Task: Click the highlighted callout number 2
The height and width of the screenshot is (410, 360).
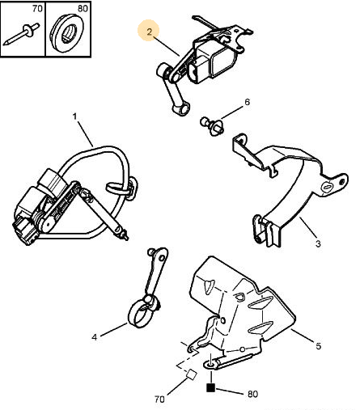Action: tap(150, 32)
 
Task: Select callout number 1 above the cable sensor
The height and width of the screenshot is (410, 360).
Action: tap(74, 116)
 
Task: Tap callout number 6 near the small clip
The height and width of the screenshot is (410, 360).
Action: tap(247, 102)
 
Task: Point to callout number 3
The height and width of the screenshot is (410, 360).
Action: tap(318, 243)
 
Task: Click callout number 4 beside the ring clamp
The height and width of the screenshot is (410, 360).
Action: tap(94, 337)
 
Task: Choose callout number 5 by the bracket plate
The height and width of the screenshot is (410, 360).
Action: tap(319, 346)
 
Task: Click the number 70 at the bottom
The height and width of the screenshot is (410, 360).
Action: tap(159, 399)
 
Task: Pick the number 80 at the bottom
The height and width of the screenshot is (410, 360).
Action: tap(252, 394)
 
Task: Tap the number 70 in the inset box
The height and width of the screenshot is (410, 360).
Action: tap(37, 9)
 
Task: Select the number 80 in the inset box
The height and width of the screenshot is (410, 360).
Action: tap(83, 9)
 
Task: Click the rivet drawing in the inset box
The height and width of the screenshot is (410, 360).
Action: tap(22, 34)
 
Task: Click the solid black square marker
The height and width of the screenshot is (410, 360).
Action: tap(210, 387)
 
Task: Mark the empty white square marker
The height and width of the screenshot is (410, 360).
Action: tap(192, 374)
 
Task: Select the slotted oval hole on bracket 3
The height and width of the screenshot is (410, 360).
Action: tap(327, 188)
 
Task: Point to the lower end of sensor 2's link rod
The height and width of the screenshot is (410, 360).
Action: tap(181, 110)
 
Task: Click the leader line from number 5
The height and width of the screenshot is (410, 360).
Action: tap(303, 336)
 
